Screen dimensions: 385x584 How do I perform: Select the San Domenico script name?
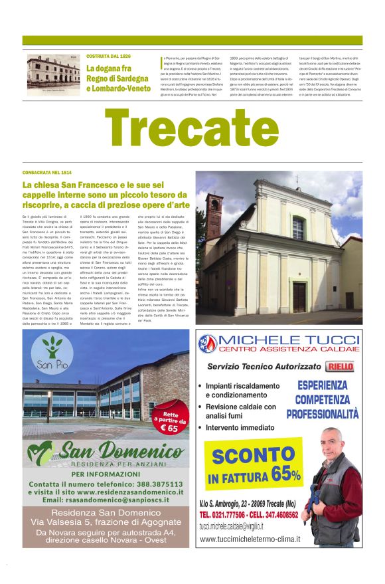tap(106, 452)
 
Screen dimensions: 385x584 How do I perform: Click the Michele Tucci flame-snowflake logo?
tap(208, 343)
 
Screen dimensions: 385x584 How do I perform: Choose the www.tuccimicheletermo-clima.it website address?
tap(250, 539)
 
